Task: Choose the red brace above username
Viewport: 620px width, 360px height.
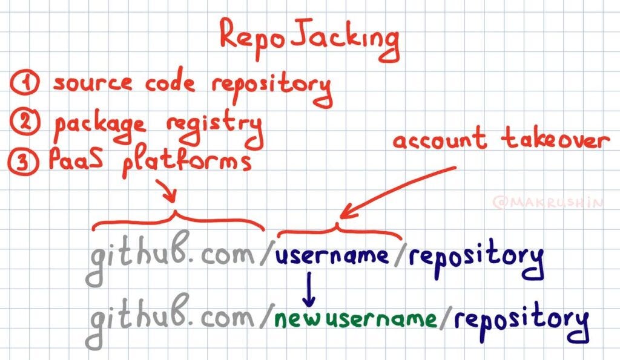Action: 338,230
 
